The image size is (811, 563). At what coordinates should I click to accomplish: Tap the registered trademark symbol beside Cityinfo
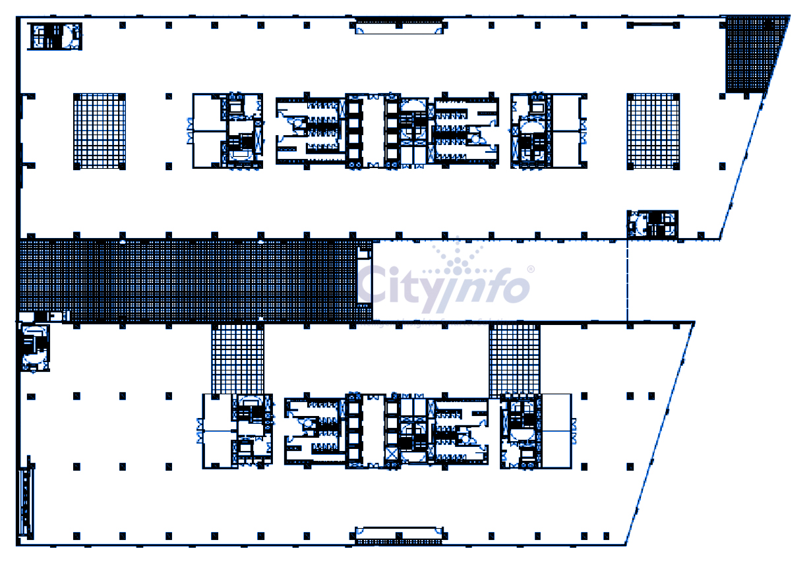[x=531, y=270]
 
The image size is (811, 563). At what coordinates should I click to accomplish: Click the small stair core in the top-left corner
[x=55, y=36]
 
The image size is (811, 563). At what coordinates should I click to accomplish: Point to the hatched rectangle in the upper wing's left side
[x=99, y=131]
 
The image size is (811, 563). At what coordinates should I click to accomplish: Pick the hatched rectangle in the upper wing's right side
[x=653, y=131]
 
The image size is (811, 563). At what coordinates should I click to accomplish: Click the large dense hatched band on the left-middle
[x=191, y=281]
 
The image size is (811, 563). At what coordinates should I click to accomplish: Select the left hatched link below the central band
[x=237, y=359]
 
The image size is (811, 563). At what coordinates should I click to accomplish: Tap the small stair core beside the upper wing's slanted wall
[x=651, y=224]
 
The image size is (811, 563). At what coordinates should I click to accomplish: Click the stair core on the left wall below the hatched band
[x=35, y=347]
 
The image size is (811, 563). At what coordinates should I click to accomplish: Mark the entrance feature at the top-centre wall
[x=399, y=26]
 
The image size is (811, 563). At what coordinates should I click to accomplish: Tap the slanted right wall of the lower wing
[x=659, y=435]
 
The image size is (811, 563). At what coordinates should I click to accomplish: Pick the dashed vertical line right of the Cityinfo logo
[x=627, y=280]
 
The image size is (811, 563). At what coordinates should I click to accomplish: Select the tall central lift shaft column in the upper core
[x=355, y=131]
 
